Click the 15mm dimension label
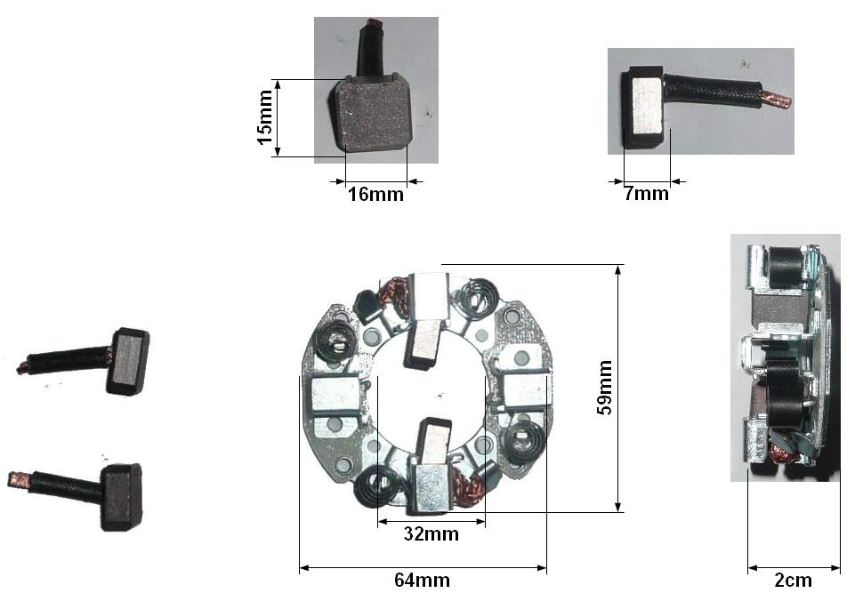265,117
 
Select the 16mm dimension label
375,194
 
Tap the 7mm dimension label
646,193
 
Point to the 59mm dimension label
604,388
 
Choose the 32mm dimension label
431,533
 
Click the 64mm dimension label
422,580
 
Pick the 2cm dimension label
793,580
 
